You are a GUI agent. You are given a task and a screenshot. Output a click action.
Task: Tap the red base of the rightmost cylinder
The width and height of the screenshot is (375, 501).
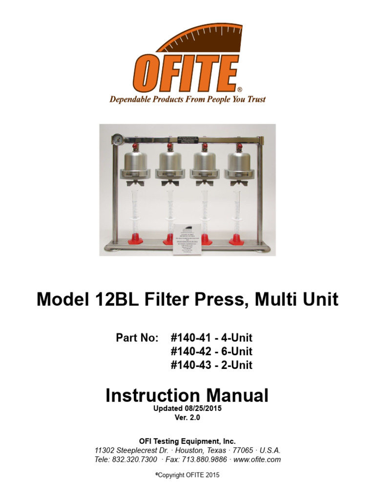[238, 240]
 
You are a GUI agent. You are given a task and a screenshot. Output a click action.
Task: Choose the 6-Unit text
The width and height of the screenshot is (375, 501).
[237, 351]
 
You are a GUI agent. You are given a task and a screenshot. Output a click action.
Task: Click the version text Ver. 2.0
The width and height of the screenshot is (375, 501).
[187, 418]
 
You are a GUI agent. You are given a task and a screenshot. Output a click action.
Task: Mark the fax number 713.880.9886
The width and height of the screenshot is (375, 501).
[204, 459]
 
